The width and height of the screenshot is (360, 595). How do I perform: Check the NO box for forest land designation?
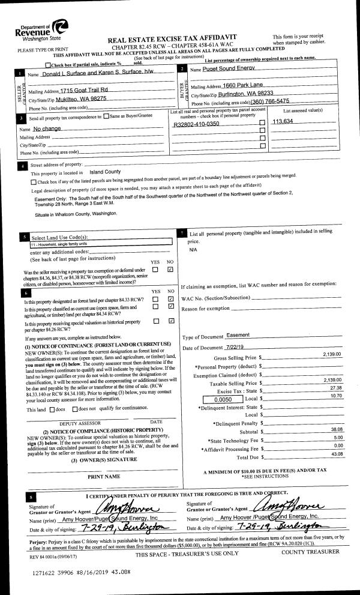(171, 298)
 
